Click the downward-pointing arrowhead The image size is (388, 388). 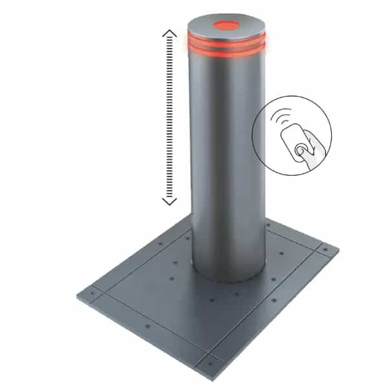tap(169, 201)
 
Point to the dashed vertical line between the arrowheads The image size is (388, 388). tap(169, 116)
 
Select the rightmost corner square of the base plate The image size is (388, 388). tap(325, 248)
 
